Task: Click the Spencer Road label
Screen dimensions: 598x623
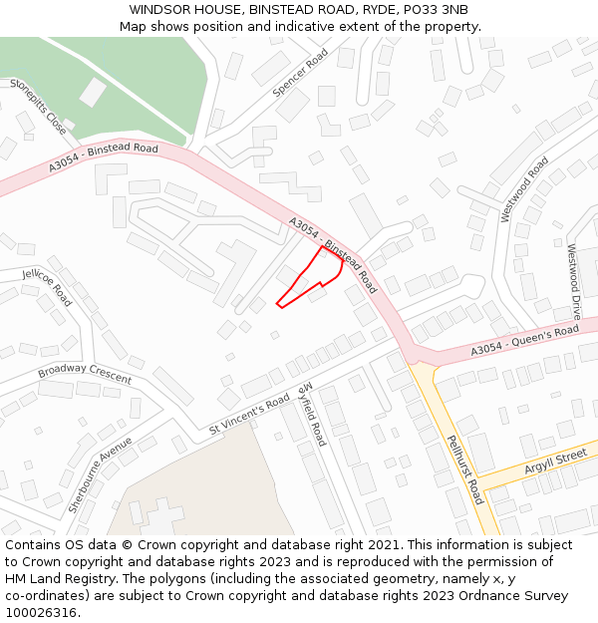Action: pos(300,74)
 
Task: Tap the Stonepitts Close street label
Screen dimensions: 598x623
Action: pos(38,107)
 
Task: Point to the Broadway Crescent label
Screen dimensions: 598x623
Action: pos(85,375)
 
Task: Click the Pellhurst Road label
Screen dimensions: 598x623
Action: pos(464,469)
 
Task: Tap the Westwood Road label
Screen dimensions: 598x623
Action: pos(524,188)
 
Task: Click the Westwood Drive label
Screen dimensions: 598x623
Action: pos(573,281)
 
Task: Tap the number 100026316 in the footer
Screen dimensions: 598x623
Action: pos(43,612)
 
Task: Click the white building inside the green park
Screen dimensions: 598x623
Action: pos(93,93)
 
